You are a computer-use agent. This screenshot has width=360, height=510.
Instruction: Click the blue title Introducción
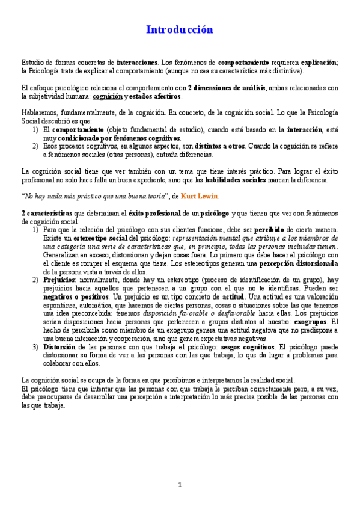tap(180, 29)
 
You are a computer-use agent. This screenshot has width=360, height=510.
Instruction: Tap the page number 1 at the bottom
tap(180, 485)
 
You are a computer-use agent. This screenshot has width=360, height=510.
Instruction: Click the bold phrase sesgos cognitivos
tap(244, 347)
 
